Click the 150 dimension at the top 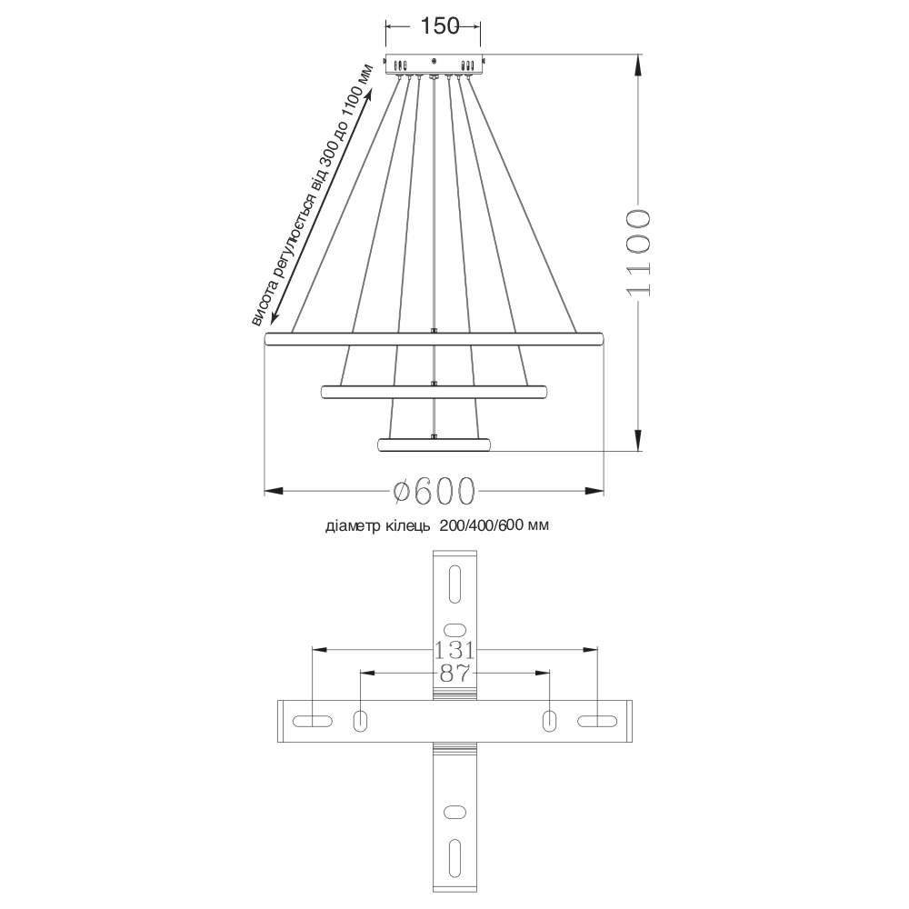pyautogui.click(x=439, y=26)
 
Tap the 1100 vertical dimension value pyautogui.click(x=639, y=253)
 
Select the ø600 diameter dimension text pyautogui.click(x=434, y=491)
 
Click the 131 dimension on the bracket pyautogui.click(x=454, y=651)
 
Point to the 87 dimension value pyautogui.click(x=454, y=674)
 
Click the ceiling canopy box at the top pyautogui.click(x=434, y=64)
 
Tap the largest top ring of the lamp pyautogui.click(x=434, y=339)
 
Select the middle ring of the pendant pyautogui.click(x=434, y=392)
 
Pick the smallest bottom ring pyautogui.click(x=434, y=445)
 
